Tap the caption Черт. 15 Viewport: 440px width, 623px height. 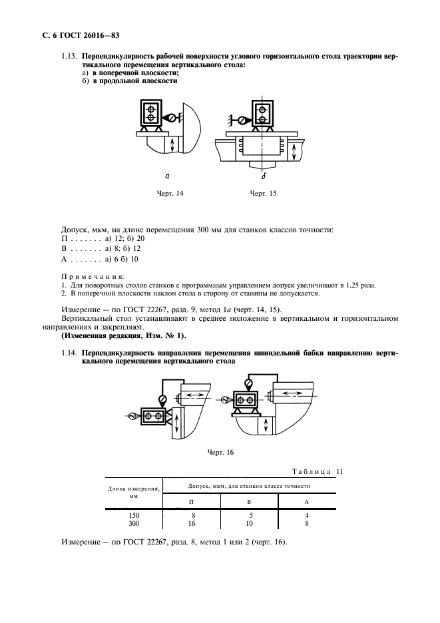(x=262, y=193)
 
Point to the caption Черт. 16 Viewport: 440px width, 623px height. (x=221, y=452)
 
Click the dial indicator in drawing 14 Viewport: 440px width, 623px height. (x=170, y=118)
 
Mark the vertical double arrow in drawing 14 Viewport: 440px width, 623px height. (x=172, y=144)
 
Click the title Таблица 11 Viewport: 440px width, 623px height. (x=318, y=472)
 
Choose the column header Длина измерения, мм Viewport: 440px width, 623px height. (x=133, y=492)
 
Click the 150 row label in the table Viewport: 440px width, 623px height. (x=134, y=515)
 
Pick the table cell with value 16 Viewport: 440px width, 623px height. (x=192, y=524)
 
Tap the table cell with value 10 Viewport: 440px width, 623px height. (x=249, y=524)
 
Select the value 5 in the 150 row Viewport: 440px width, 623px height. (x=249, y=515)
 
